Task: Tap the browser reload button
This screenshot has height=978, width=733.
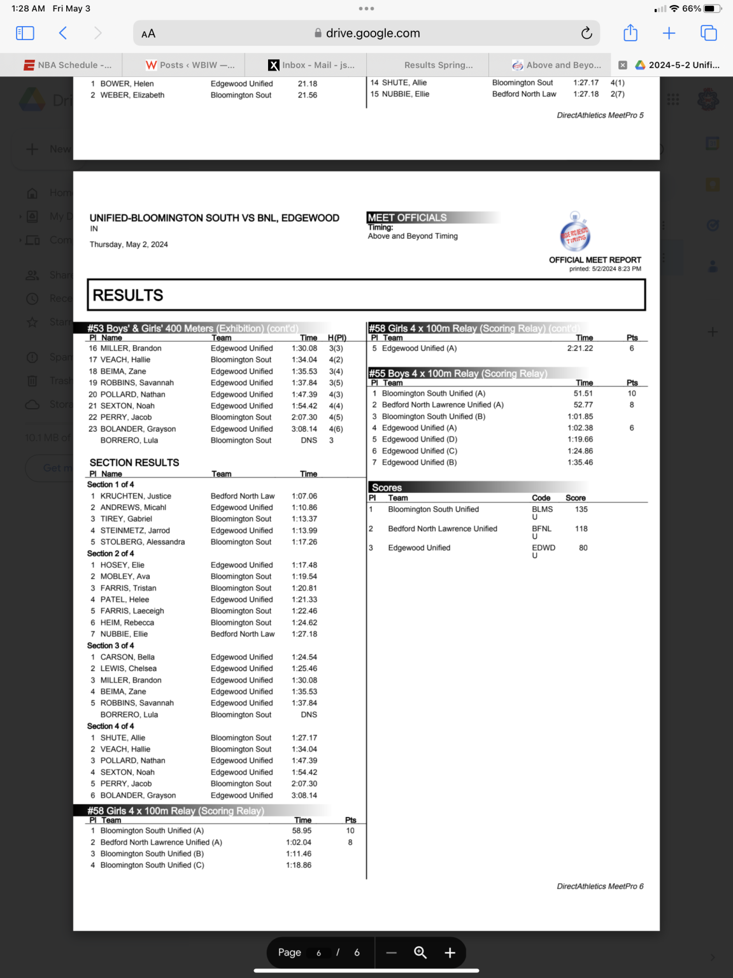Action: (x=587, y=33)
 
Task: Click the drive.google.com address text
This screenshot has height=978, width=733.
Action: (x=373, y=33)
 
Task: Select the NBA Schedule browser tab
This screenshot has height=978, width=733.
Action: (x=68, y=65)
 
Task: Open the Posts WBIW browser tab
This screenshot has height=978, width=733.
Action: (x=190, y=65)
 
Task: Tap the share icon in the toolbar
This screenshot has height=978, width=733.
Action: (x=630, y=33)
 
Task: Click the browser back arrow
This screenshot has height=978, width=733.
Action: (x=62, y=33)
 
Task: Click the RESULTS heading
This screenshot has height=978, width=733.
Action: (x=128, y=295)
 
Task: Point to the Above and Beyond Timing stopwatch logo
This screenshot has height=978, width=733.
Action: (x=575, y=233)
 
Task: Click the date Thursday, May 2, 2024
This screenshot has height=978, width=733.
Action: (x=129, y=244)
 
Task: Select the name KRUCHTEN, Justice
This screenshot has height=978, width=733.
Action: (x=136, y=496)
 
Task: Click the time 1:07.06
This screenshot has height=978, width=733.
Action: (x=304, y=496)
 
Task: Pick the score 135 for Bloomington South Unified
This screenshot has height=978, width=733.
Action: (x=581, y=509)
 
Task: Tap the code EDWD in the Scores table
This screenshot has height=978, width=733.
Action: (x=543, y=548)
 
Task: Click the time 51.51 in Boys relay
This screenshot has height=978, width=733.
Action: (x=583, y=393)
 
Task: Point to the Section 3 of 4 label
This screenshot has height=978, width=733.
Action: (x=111, y=646)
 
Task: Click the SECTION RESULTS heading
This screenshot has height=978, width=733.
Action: (x=134, y=463)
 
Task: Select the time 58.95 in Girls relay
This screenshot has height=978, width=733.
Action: (x=302, y=831)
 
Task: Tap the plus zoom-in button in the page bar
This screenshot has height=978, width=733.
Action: (x=450, y=953)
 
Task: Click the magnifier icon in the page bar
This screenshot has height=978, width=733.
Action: (x=420, y=953)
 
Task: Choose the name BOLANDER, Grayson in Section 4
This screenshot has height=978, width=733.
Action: (x=138, y=795)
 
